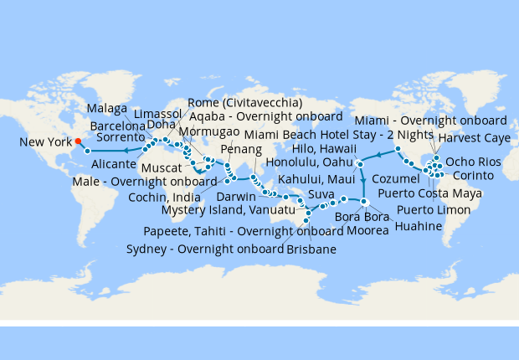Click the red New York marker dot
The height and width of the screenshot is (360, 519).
77,141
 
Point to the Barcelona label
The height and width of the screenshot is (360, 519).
118,125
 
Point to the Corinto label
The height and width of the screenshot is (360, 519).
472,176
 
